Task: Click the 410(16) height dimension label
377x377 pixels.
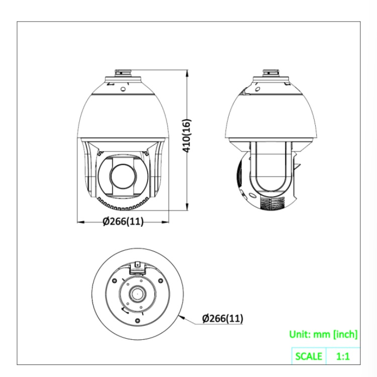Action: pyautogui.click(x=187, y=135)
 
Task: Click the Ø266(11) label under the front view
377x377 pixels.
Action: pyautogui.click(x=123, y=221)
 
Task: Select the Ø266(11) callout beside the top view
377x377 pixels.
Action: pyautogui.click(x=223, y=318)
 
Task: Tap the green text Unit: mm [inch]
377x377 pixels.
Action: pyautogui.click(x=323, y=334)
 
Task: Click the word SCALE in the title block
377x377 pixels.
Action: pyautogui.click(x=309, y=356)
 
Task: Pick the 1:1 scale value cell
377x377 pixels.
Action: pyautogui.click(x=343, y=356)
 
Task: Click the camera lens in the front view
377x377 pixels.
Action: pyautogui.click(x=123, y=177)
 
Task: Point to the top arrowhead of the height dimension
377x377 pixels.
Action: pyautogui.click(x=187, y=73)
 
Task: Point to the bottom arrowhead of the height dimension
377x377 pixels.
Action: pyautogui.click(x=187, y=207)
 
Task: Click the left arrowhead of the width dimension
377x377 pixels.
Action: pyautogui.click(x=80, y=222)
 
